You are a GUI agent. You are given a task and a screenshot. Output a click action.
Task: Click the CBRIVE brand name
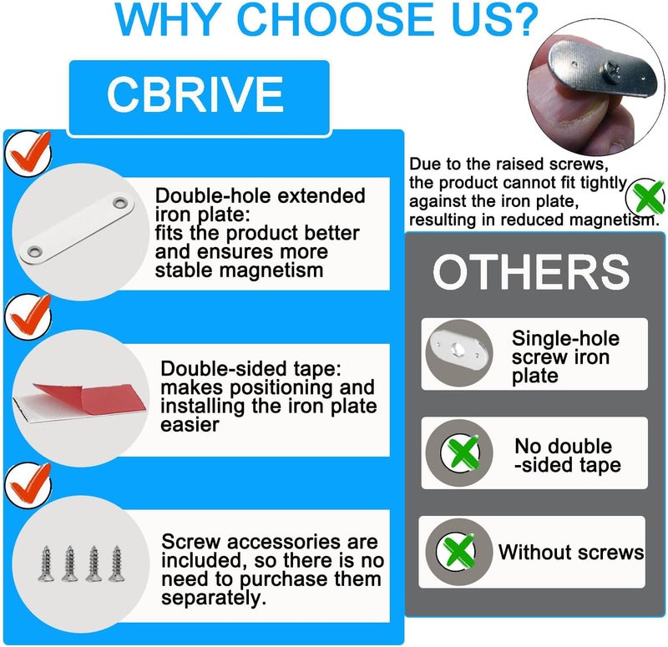click(195, 94)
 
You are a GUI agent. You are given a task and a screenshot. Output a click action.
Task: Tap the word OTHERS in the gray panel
click(531, 272)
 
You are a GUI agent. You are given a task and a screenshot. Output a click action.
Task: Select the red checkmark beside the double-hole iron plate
click(30, 152)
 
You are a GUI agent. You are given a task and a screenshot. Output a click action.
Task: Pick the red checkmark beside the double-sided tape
click(30, 316)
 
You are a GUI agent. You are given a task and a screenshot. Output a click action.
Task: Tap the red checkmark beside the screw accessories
click(30, 483)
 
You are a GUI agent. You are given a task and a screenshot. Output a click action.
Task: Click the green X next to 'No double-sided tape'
click(461, 452)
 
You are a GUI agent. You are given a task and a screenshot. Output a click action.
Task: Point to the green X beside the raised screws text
click(646, 197)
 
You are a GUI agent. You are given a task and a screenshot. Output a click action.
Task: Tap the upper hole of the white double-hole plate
click(120, 202)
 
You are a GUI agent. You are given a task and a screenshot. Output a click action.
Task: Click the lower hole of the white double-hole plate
click(34, 251)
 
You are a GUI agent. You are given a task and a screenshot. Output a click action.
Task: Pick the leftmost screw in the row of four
click(46, 563)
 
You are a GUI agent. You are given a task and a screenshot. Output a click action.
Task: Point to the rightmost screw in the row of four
click(116, 563)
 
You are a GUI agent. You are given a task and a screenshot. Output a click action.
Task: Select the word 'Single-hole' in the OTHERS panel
click(566, 339)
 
